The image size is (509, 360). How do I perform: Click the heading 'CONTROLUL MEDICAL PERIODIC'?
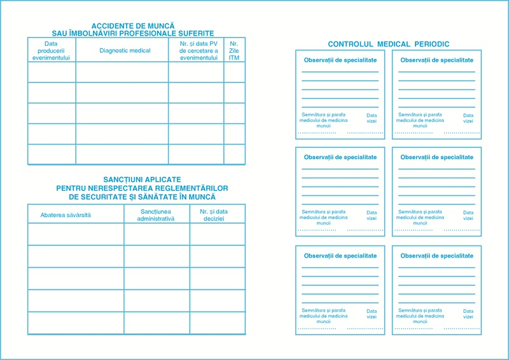tap(388, 44)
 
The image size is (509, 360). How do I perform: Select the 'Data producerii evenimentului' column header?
tap(52, 50)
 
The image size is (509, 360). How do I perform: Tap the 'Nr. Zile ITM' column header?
tap(234, 50)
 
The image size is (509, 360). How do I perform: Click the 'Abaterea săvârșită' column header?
tap(66, 215)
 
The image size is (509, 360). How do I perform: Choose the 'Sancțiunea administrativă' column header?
tap(156, 214)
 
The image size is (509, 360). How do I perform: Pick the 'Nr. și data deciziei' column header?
tap(218, 214)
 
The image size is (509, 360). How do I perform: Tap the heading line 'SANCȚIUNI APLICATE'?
tap(142, 180)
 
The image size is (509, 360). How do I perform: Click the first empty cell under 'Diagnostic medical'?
tap(122, 73)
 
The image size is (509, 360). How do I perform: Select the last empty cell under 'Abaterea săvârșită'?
tap(76, 323)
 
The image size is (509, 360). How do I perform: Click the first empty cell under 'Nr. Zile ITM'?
tap(234, 73)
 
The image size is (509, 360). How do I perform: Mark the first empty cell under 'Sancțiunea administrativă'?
tap(157, 234)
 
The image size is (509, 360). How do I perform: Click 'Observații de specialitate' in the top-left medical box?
tap(340, 60)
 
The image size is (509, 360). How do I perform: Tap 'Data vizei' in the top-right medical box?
tap(468, 118)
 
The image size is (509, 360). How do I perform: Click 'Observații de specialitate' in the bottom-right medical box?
tap(436, 256)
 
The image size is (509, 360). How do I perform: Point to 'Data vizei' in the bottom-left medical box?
tap(372, 314)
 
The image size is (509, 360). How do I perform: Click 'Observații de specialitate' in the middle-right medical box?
tap(436, 157)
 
